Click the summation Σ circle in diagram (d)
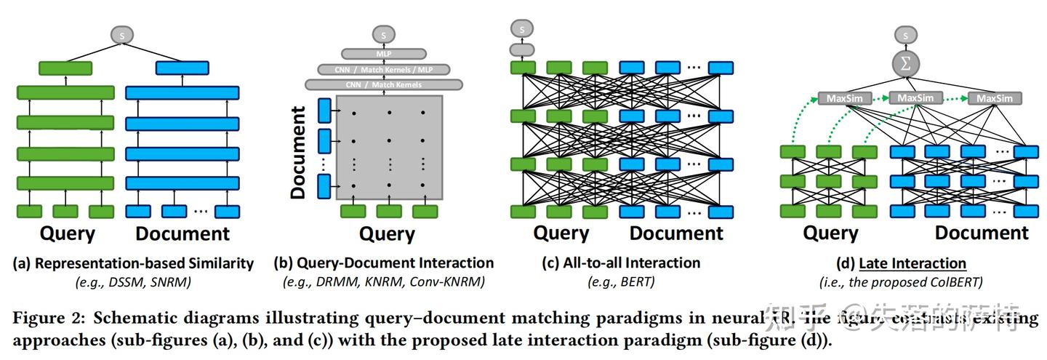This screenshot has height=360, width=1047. click(904, 63)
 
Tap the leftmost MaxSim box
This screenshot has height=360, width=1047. click(838, 97)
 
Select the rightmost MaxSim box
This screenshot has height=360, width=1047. click(995, 98)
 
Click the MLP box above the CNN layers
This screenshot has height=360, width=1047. click(383, 53)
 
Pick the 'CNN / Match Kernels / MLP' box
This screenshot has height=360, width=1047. click(383, 69)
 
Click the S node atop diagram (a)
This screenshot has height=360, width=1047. click(122, 34)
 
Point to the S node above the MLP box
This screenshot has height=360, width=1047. click(383, 33)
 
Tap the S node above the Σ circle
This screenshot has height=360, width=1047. click(905, 34)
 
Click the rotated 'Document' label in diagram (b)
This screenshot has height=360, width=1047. click(298, 153)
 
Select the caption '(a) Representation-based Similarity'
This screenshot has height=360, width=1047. click(133, 263)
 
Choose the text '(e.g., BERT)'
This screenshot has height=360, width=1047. click(622, 281)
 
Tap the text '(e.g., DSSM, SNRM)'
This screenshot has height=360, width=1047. click(133, 281)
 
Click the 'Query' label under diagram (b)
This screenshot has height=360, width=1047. click(387, 234)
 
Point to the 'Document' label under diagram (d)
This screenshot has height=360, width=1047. click(982, 233)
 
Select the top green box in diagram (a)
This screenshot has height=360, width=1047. click(65, 68)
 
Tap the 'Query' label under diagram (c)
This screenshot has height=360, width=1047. click(561, 233)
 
